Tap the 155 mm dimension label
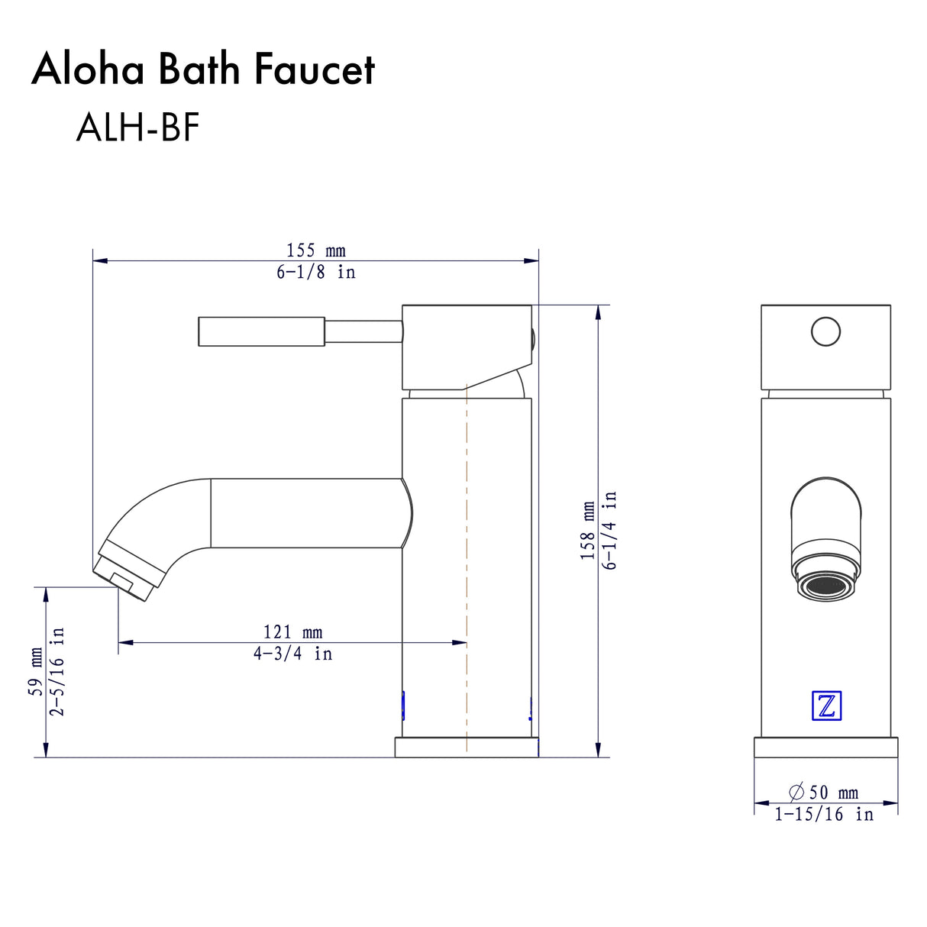315,250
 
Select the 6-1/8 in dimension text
315,272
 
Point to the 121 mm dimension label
292,632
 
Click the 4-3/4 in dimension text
292,654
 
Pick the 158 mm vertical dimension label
587,531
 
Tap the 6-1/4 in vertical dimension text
609,531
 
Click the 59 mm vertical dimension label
36,672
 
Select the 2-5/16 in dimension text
57,672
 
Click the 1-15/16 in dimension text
823,815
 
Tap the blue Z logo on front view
825,706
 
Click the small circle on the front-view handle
825,332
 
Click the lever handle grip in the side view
261,331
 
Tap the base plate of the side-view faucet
466,748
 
